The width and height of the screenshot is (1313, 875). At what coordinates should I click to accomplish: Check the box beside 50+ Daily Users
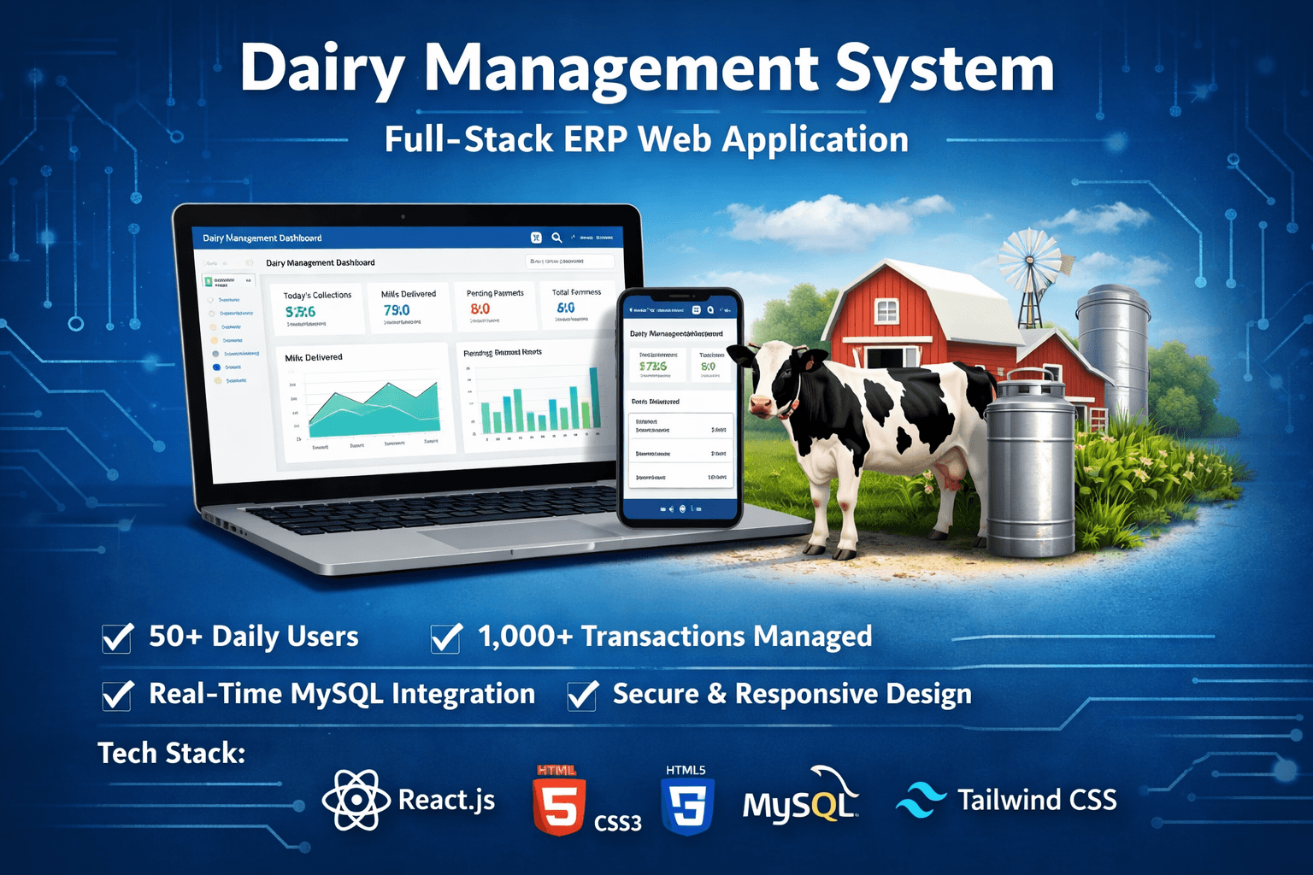[117, 637]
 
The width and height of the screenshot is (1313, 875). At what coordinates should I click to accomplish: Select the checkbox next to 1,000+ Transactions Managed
[445, 637]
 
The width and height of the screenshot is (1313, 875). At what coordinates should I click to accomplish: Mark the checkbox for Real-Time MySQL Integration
[117, 695]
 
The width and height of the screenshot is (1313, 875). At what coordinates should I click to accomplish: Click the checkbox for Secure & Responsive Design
[582, 695]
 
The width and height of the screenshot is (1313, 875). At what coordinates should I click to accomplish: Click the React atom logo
[350, 800]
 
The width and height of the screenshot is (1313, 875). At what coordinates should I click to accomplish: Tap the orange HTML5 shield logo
[559, 803]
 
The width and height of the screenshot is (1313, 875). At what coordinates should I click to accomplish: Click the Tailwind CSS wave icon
[921, 800]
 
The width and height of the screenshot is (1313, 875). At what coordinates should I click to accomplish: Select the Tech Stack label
[171, 754]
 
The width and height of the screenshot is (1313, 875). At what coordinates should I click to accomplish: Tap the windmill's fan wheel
[1030, 260]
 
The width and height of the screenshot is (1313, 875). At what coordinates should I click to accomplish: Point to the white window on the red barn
[887, 310]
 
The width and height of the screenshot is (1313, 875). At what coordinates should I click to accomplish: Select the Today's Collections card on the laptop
[317, 308]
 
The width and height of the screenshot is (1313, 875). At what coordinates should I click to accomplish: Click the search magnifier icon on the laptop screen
[556, 238]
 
